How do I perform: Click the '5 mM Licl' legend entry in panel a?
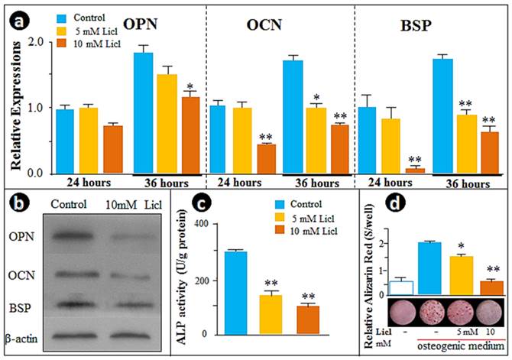[84, 29]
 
